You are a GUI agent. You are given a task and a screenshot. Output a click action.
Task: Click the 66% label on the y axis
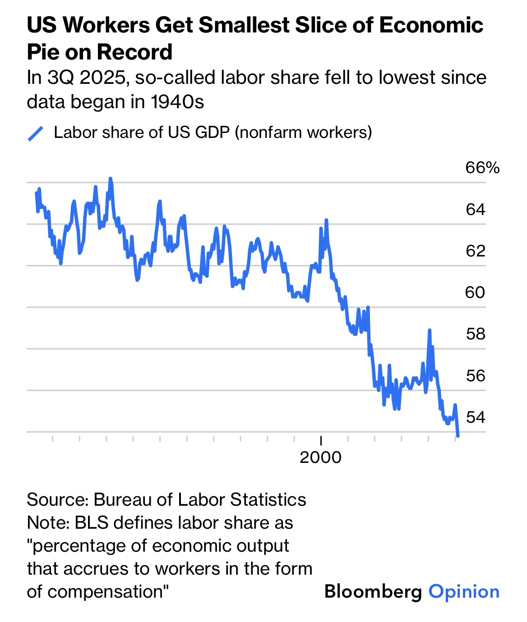point(482,168)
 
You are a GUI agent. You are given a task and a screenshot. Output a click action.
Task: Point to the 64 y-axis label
point(476,210)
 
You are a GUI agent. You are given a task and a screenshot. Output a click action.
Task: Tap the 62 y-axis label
point(476,251)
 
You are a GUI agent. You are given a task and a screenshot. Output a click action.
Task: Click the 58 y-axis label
point(476,334)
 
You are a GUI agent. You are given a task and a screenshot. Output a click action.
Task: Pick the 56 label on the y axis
point(476,375)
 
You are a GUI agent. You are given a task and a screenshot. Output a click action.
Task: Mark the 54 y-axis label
point(476,417)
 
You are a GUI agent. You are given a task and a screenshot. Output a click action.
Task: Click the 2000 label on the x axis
point(320,457)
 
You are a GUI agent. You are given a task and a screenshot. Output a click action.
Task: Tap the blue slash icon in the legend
point(35,133)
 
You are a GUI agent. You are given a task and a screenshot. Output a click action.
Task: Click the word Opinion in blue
point(464,591)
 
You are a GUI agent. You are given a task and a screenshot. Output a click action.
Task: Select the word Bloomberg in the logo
point(373,591)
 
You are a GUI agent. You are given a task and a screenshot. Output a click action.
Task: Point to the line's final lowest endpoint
point(458,435)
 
